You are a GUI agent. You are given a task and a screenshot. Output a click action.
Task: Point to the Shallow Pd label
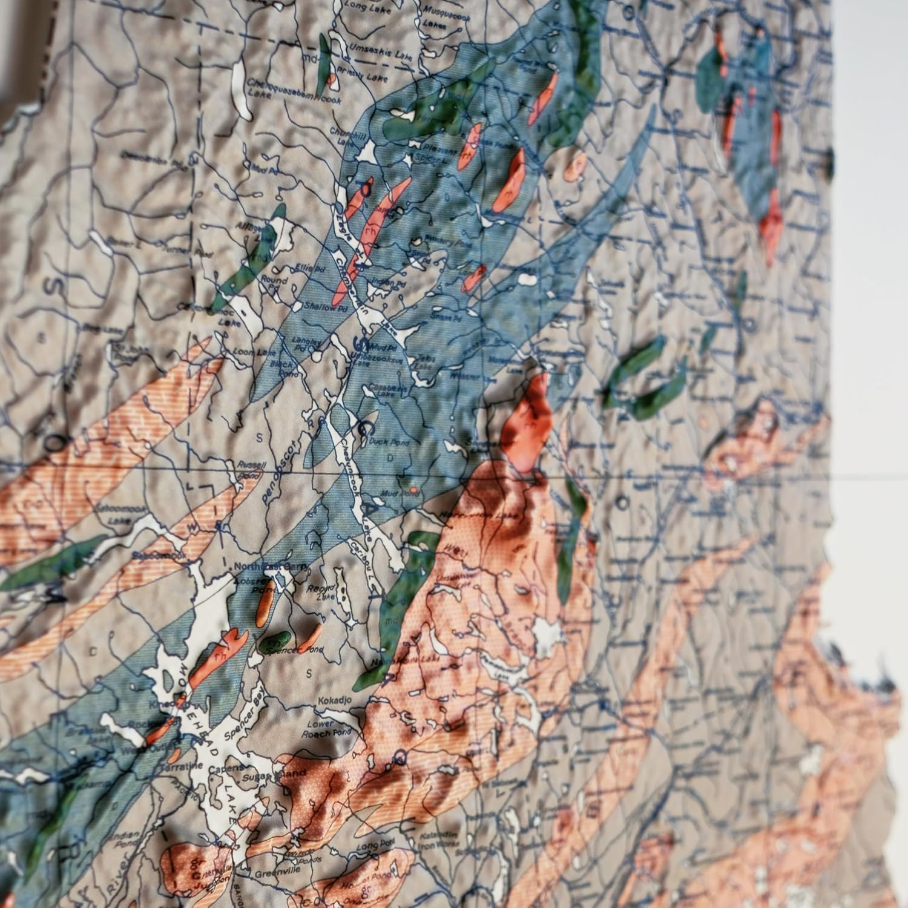[320, 308]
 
